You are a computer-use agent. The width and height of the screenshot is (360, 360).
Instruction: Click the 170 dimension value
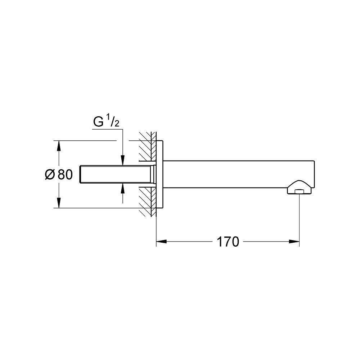click(x=228, y=242)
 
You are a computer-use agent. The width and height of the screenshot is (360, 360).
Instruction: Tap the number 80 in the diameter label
click(x=65, y=175)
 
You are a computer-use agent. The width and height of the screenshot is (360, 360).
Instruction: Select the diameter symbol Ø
click(x=50, y=175)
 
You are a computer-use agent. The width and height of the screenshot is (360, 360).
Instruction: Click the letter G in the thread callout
click(x=98, y=122)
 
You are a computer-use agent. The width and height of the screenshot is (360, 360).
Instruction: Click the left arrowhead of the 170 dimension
click(x=161, y=241)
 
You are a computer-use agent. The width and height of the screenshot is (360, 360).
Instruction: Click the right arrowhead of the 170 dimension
click(x=294, y=241)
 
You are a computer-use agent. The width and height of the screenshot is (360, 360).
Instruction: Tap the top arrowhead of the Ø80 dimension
click(x=59, y=146)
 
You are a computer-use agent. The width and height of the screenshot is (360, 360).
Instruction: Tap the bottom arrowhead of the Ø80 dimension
click(x=59, y=203)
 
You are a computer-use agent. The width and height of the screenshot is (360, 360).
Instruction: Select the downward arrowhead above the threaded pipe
click(x=123, y=160)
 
